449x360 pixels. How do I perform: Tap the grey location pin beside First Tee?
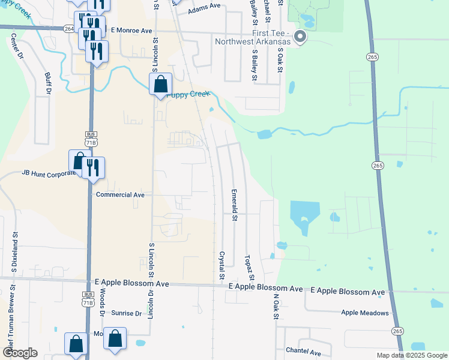point(301,38)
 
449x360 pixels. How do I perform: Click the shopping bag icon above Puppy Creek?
point(161,84)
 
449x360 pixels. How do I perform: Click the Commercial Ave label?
point(120,195)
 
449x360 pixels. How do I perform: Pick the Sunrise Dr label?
point(126,313)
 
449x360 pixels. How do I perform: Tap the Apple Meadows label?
point(365,313)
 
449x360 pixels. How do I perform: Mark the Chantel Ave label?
point(304,352)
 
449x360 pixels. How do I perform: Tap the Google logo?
point(20,353)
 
